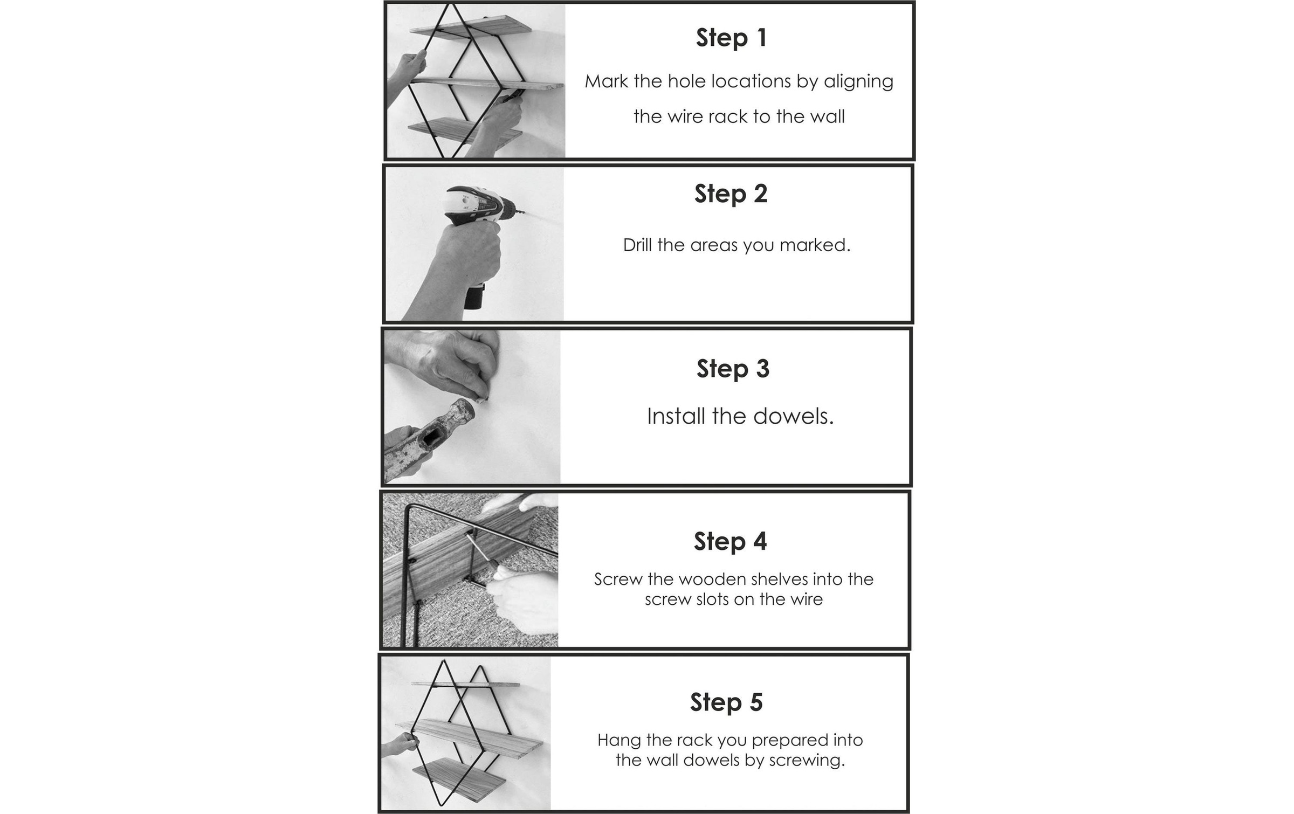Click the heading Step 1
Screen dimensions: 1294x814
731,38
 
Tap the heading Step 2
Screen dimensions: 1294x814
731,194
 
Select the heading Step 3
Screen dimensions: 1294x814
733,369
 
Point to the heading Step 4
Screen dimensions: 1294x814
730,542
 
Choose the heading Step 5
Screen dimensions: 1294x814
726,702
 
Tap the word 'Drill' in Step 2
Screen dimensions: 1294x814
638,245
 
